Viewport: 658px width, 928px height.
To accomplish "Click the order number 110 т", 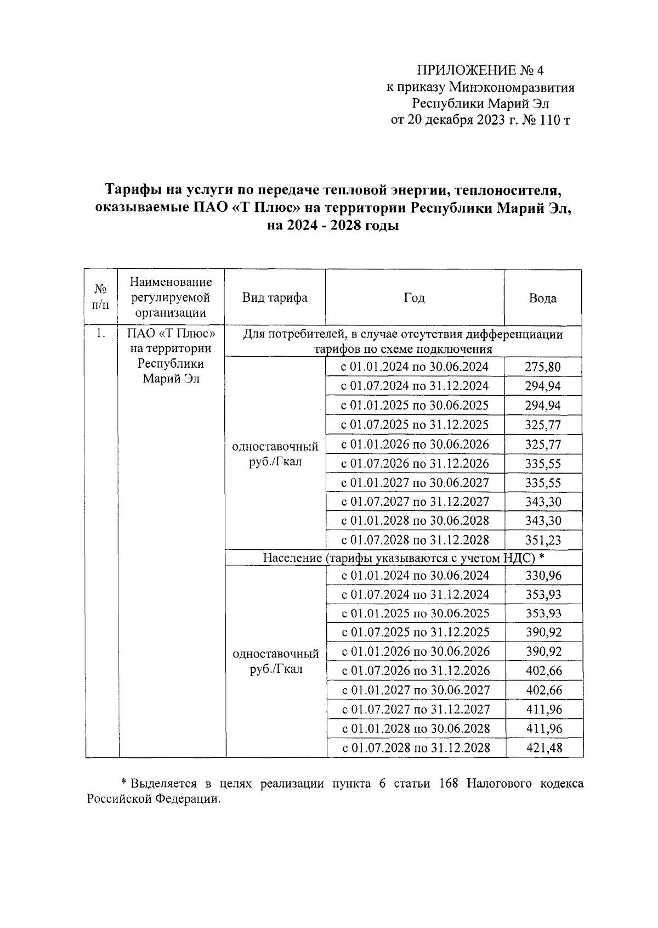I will pyautogui.click(x=555, y=120).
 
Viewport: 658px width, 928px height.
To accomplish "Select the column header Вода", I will pyautogui.click(x=542, y=298).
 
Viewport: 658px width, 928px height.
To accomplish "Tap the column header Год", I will pyautogui.click(x=414, y=297).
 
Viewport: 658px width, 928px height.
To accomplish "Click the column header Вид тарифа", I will pyautogui.click(x=275, y=297).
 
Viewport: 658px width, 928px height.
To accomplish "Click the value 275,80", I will pyautogui.click(x=543, y=367).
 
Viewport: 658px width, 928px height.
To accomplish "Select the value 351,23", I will pyautogui.click(x=543, y=540).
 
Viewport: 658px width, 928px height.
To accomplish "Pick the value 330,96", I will pyautogui.click(x=543, y=576).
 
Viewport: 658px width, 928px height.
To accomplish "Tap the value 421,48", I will pyautogui.click(x=543, y=748).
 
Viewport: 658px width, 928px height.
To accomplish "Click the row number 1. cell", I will pyautogui.click(x=100, y=333).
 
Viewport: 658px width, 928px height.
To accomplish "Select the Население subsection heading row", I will pyautogui.click(x=403, y=558).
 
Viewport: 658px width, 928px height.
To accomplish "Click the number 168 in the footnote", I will pyautogui.click(x=450, y=784).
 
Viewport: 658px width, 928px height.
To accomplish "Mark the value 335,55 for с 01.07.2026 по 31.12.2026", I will pyautogui.click(x=543, y=464).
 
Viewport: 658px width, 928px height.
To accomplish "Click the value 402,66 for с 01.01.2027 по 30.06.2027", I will pyautogui.click(x=543, y=690).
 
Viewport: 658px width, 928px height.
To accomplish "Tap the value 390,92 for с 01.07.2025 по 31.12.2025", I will pyautogui.click(x=543, y=632).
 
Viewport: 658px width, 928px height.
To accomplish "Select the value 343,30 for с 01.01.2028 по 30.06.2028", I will pyautogui.click(x=543, y=521).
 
